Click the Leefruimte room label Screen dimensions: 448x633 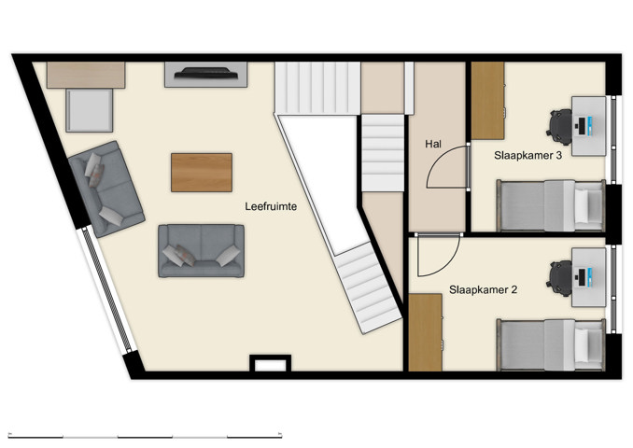tap(271, 207)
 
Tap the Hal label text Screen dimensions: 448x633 tap(433, 145)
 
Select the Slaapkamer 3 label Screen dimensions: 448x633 tap(527, 156)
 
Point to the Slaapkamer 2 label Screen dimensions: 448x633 tap(483, 290)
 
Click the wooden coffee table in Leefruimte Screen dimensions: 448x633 tap(201, 172)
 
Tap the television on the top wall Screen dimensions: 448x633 tap(205, 74)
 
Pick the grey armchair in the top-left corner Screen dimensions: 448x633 tap(90, 110)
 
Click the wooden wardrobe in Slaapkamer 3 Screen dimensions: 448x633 tap(487, 101)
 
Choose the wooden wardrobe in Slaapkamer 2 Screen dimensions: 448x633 tap(425, 332)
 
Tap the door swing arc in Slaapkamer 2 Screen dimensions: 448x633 tap(437, 258)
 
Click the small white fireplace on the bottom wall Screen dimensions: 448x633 tap(270, 365)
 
